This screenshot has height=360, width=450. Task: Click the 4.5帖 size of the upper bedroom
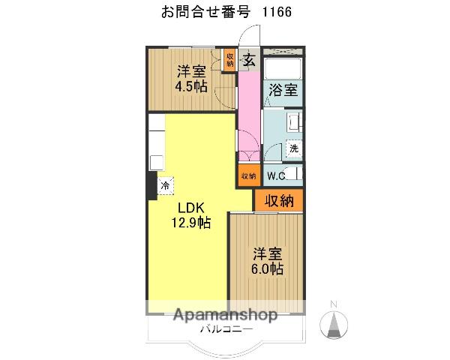pos(191,86)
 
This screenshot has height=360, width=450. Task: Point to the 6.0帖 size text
pos(266,268)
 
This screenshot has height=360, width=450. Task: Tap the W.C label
pos(274,176)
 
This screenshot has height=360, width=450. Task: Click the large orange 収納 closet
pos(278,201)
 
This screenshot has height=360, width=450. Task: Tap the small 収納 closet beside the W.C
pos(248,175)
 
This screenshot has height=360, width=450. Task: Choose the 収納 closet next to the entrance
pos(229,59)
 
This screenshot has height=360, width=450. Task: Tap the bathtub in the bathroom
pos(283,69)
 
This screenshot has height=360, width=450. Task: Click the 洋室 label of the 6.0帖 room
pos(266,253)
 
